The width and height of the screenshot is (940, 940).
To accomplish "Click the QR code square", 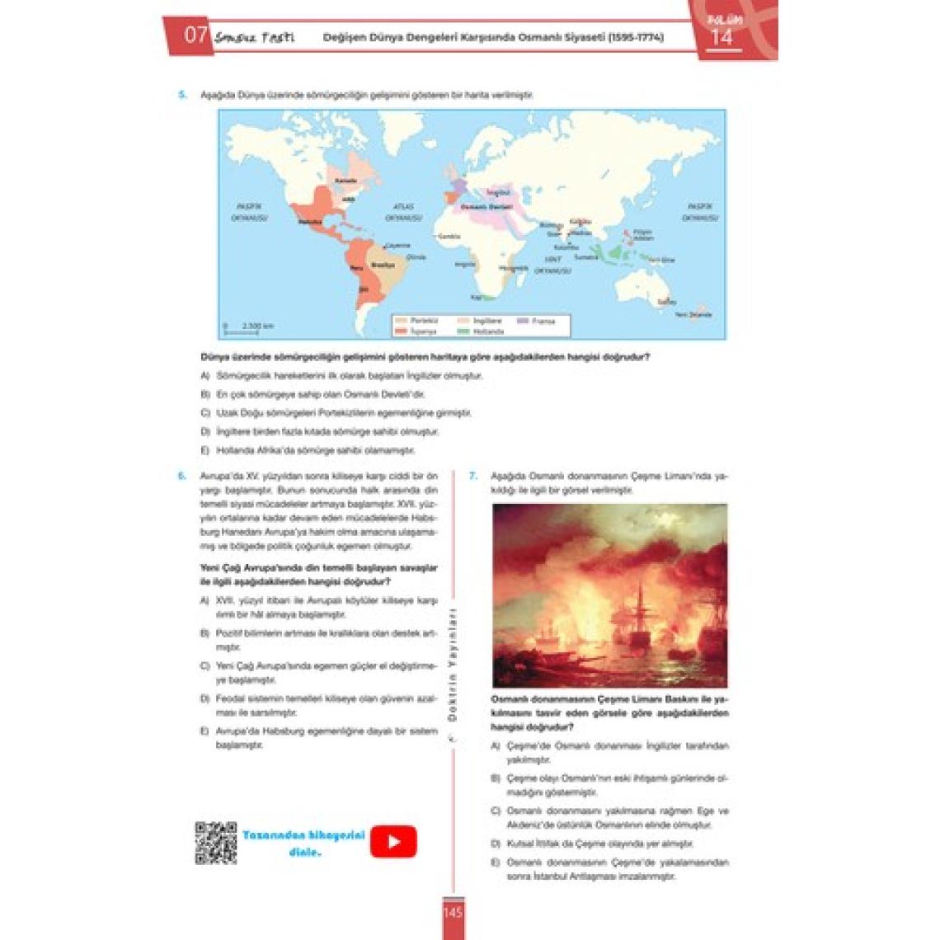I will (x=215, y=843).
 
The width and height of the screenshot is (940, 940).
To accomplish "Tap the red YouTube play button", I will (x=393, y=842).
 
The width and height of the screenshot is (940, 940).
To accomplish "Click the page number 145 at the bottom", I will (x=453, y=913).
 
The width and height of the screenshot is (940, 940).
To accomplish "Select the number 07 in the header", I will (x=195, y=35).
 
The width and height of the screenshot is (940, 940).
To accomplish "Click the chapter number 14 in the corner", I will (x=721, y=37).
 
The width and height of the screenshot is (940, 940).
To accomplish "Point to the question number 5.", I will (x=182, y=95).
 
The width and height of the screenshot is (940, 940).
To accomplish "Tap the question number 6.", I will (x=182, y=476).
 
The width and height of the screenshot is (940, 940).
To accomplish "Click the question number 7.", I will (x=472, y=476).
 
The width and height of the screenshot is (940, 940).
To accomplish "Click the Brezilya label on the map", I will (x=383, y=265).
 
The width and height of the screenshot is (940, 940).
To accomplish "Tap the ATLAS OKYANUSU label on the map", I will (x=403, y=213).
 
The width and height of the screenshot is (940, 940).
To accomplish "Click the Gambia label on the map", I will (x=449, y=236).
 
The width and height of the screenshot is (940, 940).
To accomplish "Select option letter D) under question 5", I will (x=205, y=431).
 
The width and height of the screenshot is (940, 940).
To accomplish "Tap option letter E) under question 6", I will (x=204, y=731).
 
